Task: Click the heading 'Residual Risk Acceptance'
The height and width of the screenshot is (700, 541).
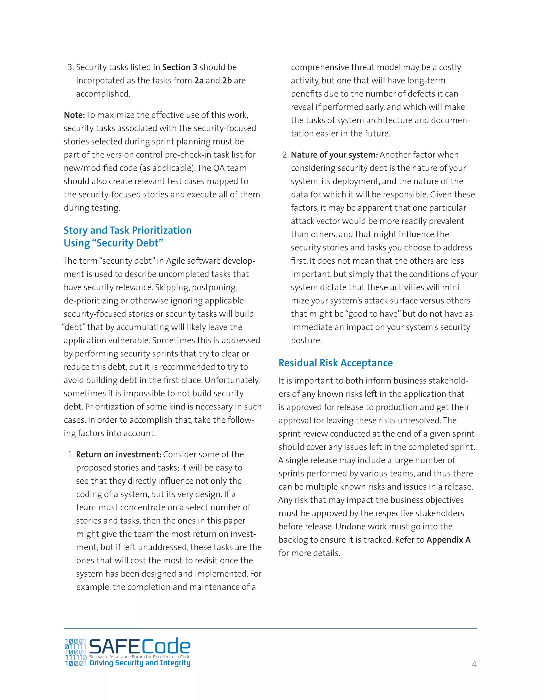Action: coord(335,363)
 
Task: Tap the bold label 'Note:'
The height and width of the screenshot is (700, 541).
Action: coord(74,115)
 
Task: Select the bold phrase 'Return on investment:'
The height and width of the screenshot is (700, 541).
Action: coord(118,455)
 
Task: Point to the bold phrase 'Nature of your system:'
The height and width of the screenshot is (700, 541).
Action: coord(334,155)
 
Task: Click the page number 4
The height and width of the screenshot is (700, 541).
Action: coord(474,664)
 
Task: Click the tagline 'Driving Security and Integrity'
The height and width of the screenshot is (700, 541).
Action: coord(140,663)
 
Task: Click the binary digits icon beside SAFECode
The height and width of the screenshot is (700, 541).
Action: coord(76,652)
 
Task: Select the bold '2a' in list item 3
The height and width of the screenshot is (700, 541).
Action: coord(199,81)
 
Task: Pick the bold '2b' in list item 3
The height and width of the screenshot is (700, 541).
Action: coord(227,81)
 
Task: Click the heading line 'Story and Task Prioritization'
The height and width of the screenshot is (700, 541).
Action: coord(127,230)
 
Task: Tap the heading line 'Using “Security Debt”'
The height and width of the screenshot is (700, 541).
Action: coord(113,243)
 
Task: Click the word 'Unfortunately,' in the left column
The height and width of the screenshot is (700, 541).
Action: coord(232,380)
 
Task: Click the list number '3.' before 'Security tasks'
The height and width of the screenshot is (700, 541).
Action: coord(71,67)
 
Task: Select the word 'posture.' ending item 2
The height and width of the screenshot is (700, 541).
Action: coord(306,340)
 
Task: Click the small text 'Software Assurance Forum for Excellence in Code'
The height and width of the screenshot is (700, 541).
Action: coord(139,656)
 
